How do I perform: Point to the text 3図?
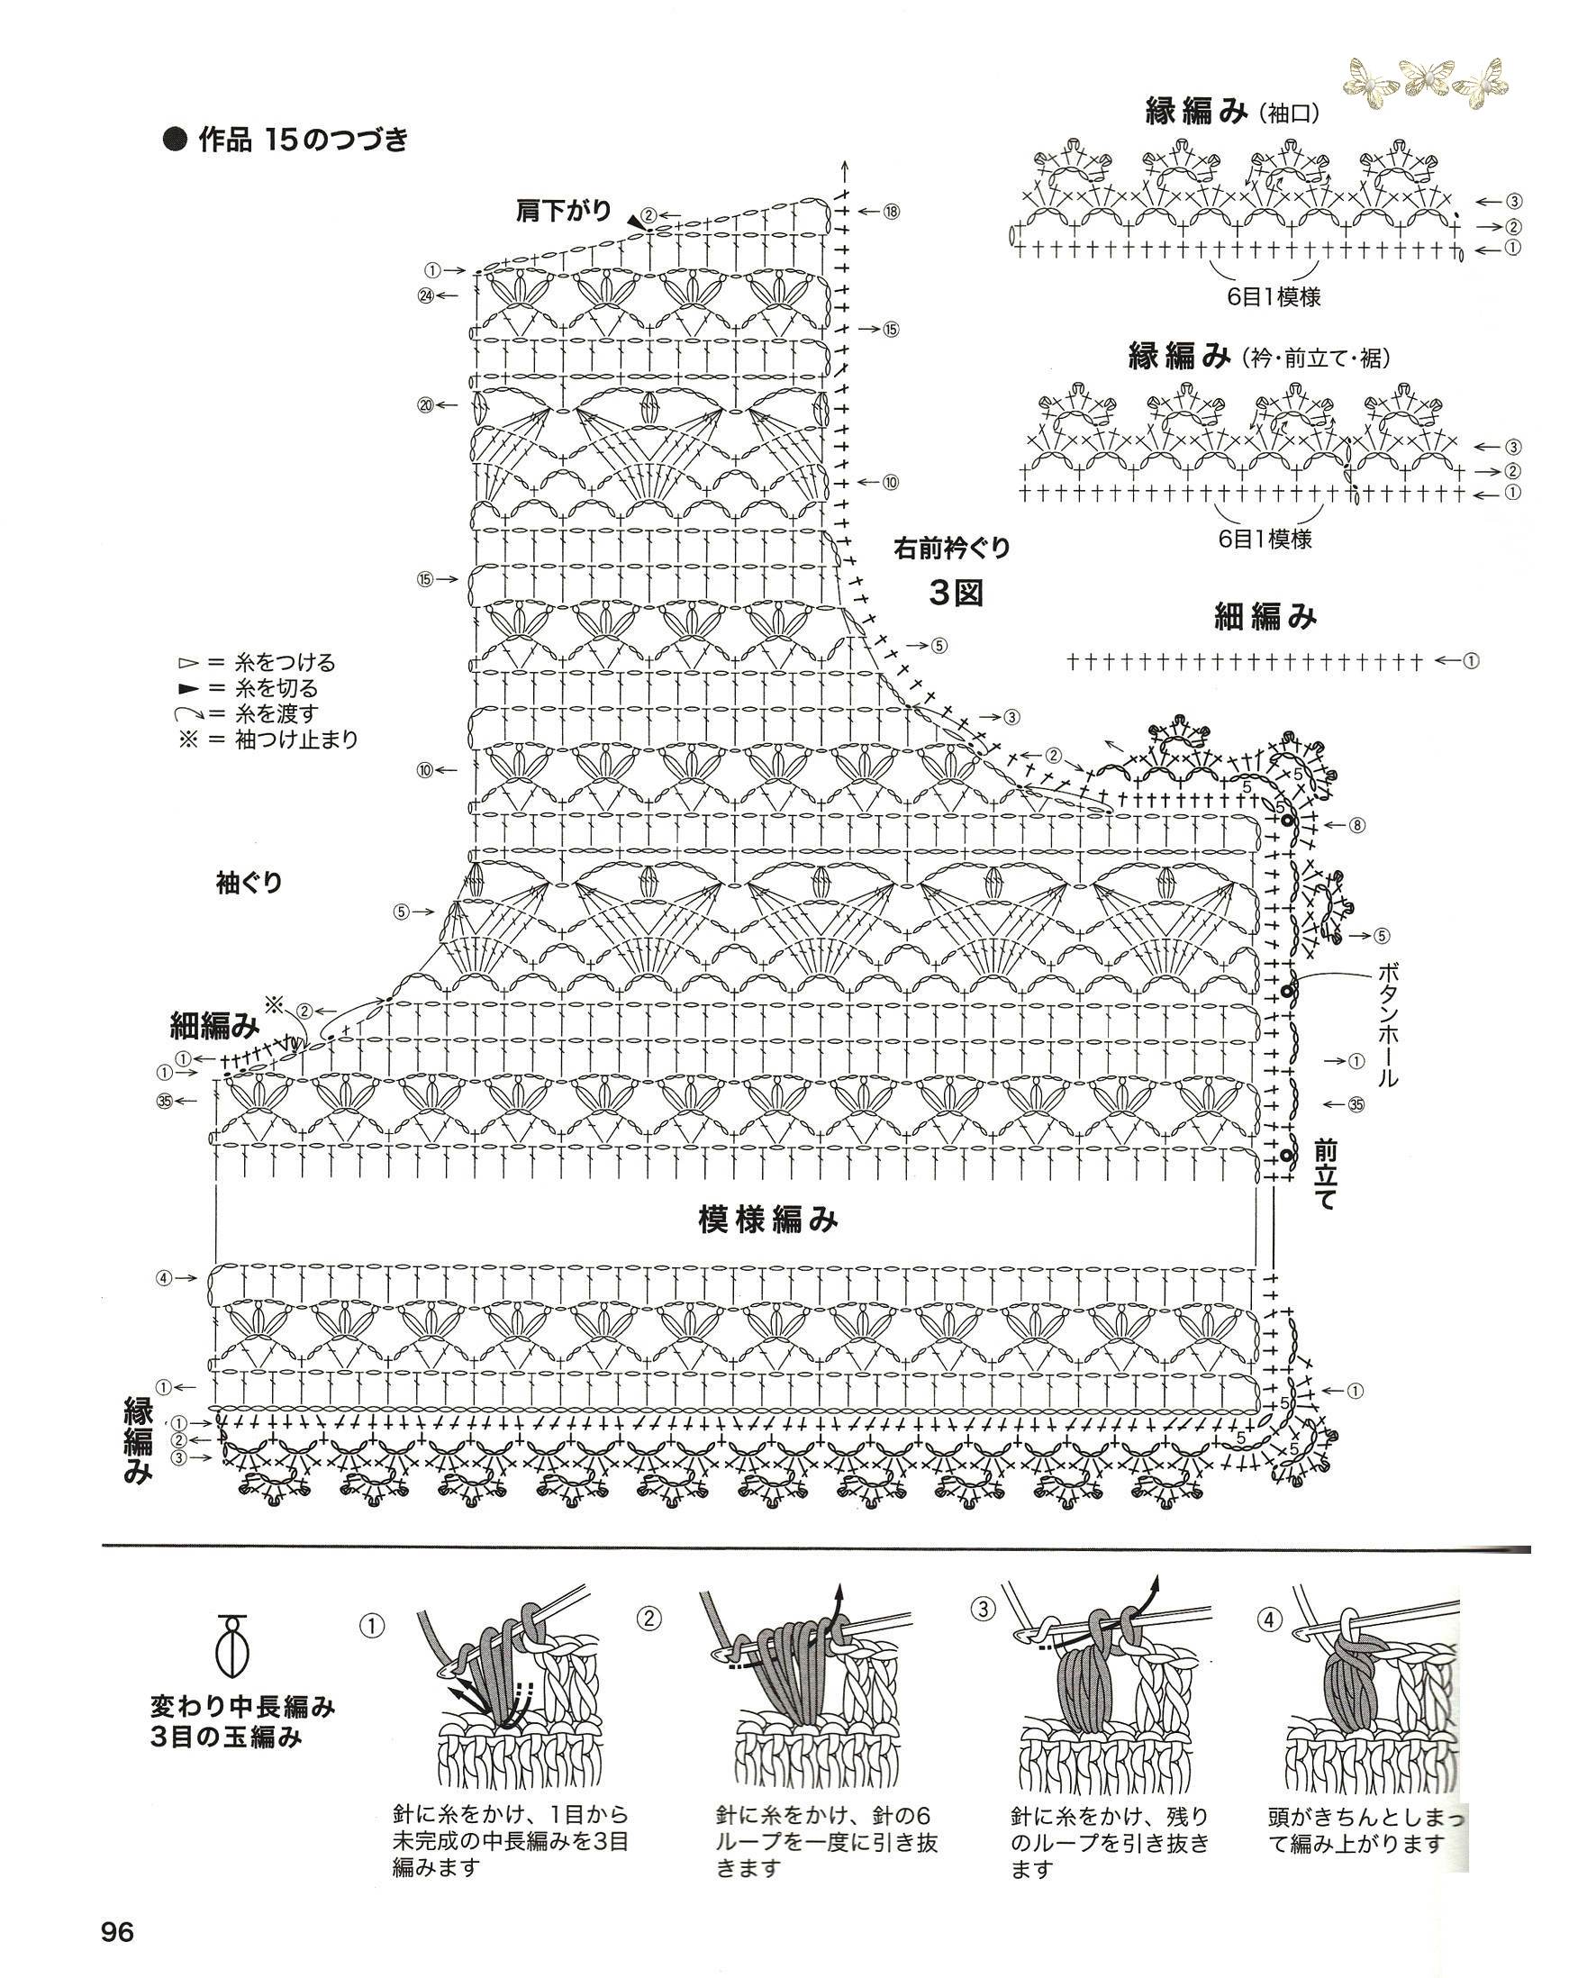click(x=956, y=594)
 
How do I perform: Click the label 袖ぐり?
click(x=249, y=883)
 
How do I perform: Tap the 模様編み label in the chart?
click(x=768, y=1219)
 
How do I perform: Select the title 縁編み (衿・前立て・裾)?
click(x=1258, y=356)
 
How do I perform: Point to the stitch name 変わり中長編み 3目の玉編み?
click(x=243, y=1722)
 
